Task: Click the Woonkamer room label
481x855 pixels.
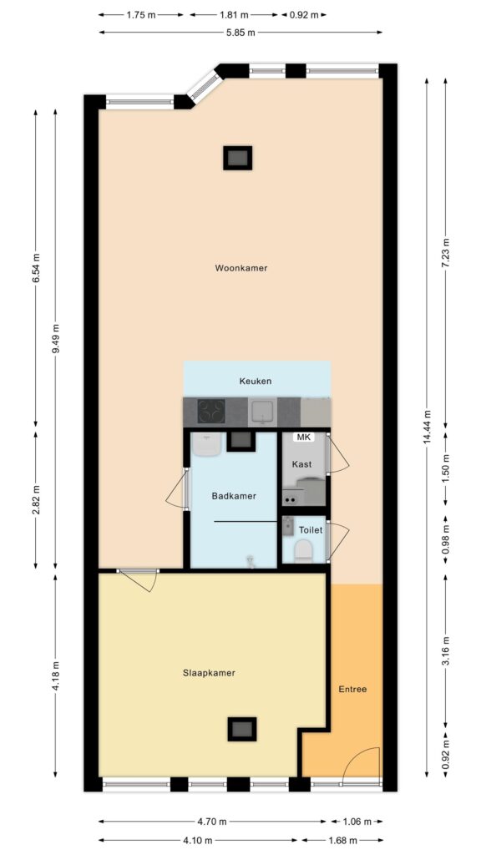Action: (x=241, y=268)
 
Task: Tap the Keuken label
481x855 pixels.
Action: (x=256, y=381)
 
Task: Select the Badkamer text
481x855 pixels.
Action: (x=234, y=496)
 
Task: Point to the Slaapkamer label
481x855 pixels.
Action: (x=209, y=673)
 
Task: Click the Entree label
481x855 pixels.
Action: (x=353, y=689)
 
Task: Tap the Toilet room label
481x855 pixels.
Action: (x=311, y=530)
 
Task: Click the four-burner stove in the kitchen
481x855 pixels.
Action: (x=211, y=411)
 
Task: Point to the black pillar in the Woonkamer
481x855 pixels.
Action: (x=238, y=158)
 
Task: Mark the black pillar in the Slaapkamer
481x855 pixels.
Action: (x=241, y=728)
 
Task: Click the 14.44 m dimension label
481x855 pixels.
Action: (x=427, y=427)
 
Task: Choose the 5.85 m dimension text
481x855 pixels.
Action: (x=240, y=33)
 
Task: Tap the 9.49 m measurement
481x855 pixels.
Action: (x=55, y=339)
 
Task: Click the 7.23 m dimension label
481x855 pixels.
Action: (x=446, y=252)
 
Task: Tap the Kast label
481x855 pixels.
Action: (x=301, y=464)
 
